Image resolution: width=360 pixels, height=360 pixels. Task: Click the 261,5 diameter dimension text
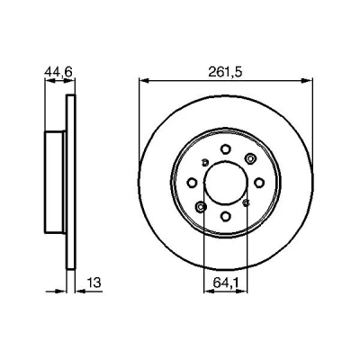tap(225, 72)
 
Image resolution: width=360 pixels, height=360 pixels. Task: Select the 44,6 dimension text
tap(58, 72)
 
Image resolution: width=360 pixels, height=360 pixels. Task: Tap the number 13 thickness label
tap(94, 283)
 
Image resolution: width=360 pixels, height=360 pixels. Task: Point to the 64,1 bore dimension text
tap(226, 283)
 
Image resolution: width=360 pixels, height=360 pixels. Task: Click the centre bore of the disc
tap(226, 182)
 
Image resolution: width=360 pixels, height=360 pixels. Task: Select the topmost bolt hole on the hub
tap(226, 148)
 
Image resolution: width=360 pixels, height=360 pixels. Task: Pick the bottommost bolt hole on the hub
tap(226, 216)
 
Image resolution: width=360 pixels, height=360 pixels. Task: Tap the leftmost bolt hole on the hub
tap(192, 183)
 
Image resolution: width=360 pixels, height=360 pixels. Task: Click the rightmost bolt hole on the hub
tap(259, 183)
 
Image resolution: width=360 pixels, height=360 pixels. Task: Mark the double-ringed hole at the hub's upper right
tap(249, 158)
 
